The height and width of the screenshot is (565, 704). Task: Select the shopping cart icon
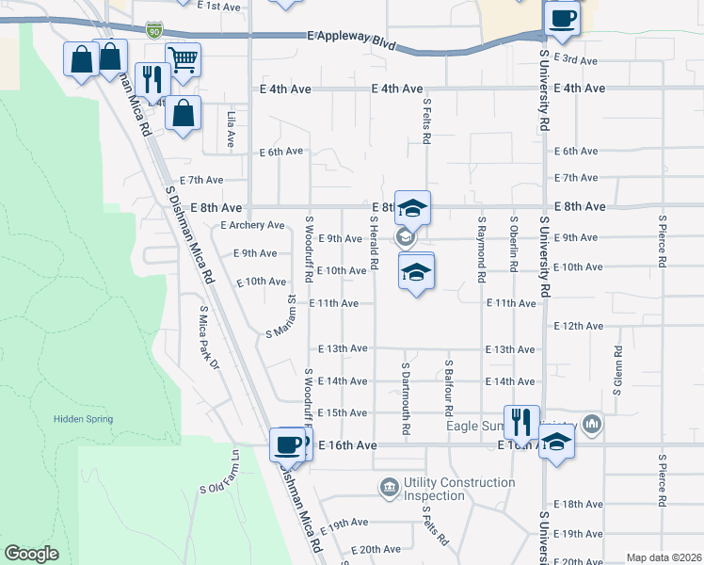(x=183, y=60)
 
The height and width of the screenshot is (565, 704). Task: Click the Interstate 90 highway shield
(x=153, y=31)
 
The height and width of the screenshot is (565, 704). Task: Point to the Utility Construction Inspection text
(x=459, y=489)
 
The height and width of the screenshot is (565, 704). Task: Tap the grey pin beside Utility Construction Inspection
(x=388, y=487)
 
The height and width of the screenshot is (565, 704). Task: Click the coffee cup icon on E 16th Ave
(x=287, y=444)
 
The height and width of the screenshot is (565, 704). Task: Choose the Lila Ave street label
(x=231, y=129)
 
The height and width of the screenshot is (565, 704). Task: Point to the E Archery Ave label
(x=252, y=225)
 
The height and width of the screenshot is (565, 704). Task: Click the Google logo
(x=32, y=554)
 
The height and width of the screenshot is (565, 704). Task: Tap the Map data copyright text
(x=663, y=557)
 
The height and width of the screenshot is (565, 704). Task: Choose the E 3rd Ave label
(x=576, y=60)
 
